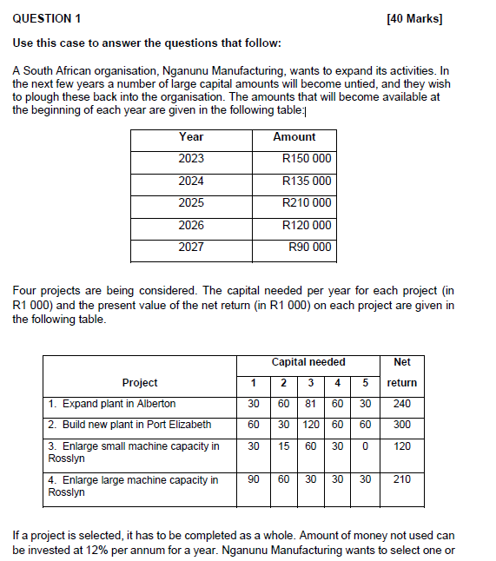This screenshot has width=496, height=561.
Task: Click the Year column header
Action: click(191, 137)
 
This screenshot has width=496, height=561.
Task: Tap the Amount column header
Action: click(294, 137)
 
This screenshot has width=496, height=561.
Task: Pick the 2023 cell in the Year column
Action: click(191, 159)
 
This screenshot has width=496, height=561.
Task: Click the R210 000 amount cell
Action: click(307, 203)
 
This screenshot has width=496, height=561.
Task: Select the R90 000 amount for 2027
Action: click(310, 247)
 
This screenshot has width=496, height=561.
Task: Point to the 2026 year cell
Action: click(191, 225)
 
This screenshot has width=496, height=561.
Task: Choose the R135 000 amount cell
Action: click(307, 181)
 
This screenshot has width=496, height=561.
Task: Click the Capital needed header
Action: click(308, 362)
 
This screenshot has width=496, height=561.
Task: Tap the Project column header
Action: click(140, 383)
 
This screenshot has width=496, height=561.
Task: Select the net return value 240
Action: click(401, 404)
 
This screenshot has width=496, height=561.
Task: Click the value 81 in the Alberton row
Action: click(309, 404)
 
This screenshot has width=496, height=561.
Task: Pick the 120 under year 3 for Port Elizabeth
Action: click(309, 425)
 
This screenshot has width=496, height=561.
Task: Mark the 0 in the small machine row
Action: click(365, 446)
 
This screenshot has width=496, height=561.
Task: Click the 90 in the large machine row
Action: click(253, 479)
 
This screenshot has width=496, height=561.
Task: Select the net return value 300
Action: click(401, 425)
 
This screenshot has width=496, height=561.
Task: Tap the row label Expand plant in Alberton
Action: click(112, 404)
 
